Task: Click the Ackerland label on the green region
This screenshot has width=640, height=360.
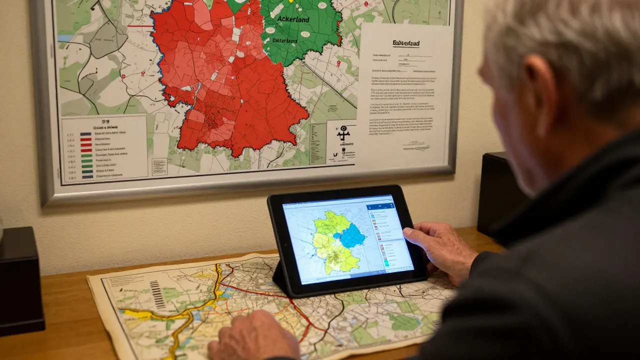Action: pos(292,19)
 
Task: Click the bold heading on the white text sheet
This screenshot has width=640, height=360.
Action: pos(405,43)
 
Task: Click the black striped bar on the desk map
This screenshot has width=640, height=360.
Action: pos(157,294)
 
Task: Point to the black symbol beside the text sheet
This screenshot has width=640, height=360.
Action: pos(343,133)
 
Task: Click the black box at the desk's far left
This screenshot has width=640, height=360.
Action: pos(20,280)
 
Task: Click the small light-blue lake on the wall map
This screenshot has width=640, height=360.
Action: pos(65,38)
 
